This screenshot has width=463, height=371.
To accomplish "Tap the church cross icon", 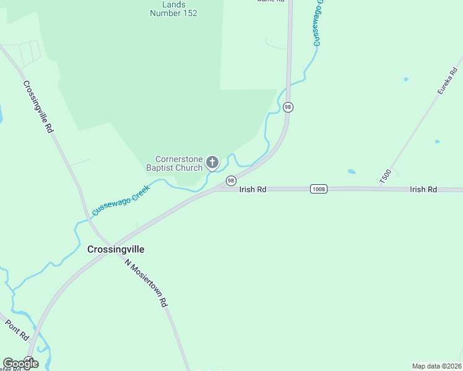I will coord(212,163).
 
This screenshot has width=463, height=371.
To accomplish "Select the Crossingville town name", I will coord(116,249).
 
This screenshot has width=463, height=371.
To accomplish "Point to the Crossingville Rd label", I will coord(38,107).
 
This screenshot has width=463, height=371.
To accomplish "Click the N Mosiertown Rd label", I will coord(147,283).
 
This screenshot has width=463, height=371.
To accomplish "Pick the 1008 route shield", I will coord(318,189).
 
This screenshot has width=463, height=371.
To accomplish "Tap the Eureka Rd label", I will coord(446,81).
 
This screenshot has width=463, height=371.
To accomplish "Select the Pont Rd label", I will coord(17,330).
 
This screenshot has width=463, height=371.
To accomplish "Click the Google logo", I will coord(20,363).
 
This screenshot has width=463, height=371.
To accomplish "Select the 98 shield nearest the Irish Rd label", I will coord(230,181).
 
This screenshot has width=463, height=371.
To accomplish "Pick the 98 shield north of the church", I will coord(288,107).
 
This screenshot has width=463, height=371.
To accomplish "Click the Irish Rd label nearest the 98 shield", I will coord(253,189).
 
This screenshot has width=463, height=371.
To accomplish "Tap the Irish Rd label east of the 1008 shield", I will coord(423,189).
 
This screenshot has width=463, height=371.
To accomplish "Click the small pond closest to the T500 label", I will coord(352,171).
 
